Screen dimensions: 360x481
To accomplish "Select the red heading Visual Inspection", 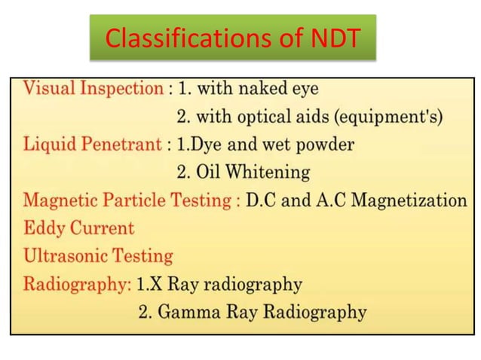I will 93,88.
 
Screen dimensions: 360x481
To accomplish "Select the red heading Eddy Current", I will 78,228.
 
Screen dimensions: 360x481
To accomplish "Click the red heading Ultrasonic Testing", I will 98,256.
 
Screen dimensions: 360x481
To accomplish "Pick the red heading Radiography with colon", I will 78,285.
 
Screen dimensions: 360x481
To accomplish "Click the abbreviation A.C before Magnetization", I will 332,200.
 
